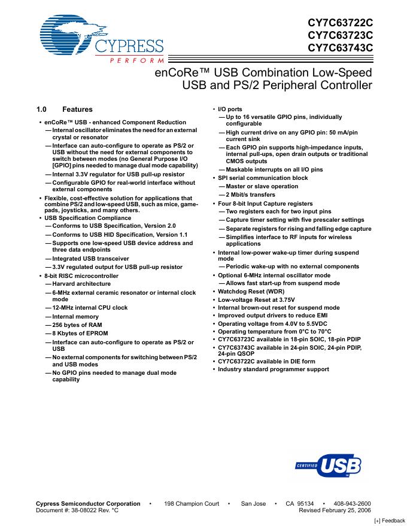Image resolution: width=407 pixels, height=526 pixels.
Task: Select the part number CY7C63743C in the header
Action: (340, 48)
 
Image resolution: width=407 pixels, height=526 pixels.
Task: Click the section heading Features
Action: (77, 109)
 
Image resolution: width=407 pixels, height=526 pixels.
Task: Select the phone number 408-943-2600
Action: (351, 504)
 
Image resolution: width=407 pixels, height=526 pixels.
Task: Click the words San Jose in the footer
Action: (253, 504)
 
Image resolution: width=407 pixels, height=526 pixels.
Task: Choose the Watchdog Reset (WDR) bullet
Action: (252, 291)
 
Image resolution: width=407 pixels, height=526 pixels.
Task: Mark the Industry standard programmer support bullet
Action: (273, 369)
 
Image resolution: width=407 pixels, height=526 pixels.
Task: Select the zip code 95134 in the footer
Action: (306, 504)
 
